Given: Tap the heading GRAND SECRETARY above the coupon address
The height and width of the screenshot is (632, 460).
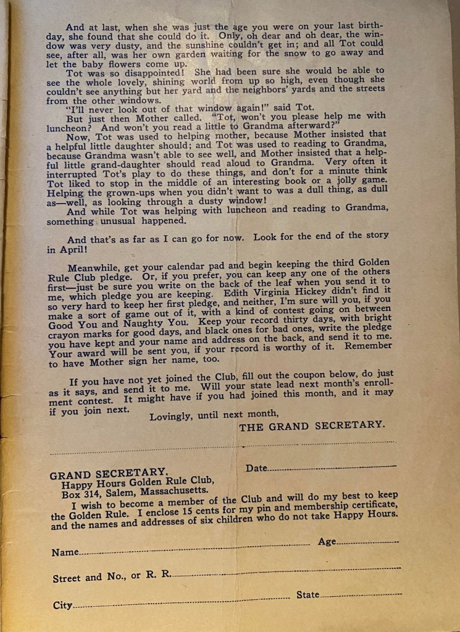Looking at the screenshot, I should tap(107, 474).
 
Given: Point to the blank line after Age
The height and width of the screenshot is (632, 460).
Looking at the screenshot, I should tap(368, 542).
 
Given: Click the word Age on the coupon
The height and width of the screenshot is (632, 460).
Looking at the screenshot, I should tap(327, 541).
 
